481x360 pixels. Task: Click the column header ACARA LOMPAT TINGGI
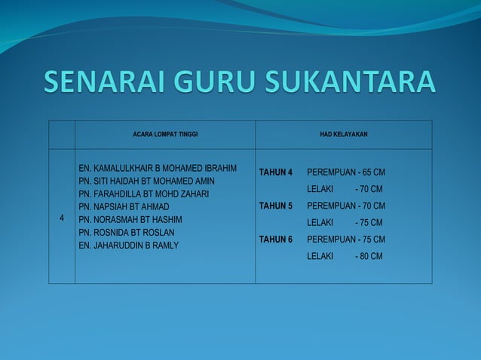[164, 134]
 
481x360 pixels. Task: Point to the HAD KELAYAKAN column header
[343, 134]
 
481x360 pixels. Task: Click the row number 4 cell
[62, 218]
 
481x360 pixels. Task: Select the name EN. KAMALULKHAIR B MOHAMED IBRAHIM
[158, 167]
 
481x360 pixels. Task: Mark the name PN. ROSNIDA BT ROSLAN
[127, 232]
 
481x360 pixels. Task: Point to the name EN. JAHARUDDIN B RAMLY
[129, 245]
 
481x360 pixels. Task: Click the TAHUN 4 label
[276, 172]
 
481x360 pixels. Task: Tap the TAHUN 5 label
[276, 206]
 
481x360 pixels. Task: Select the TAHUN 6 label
[276, 239]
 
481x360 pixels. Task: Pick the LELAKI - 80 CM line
[345, 256]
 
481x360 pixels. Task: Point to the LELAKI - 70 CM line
[345, 188]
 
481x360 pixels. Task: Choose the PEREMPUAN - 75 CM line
[346, 239]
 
